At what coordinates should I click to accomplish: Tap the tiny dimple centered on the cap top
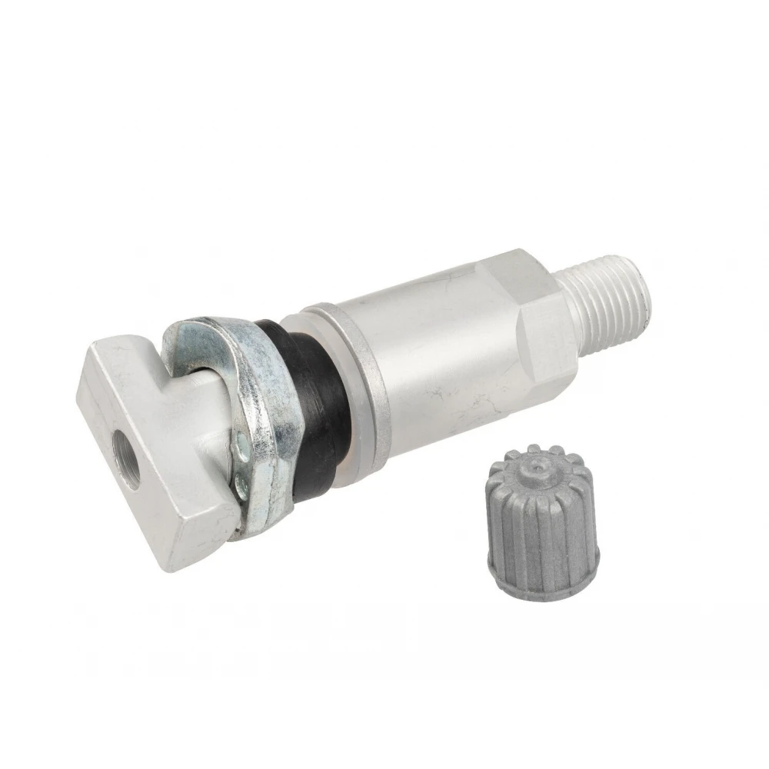pos(536,466)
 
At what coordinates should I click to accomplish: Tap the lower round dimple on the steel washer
pos(240,484)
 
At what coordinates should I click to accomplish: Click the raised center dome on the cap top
pos(536,464)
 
